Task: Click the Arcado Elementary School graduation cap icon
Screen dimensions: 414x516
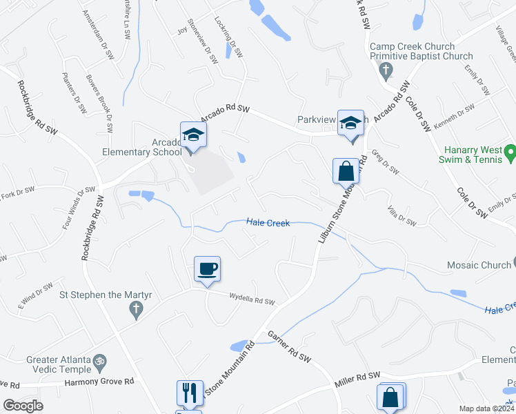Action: click(193, 135)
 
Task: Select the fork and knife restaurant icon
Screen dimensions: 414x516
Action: click(188, 393)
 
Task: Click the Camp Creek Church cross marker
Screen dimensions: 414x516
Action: click(386, 70)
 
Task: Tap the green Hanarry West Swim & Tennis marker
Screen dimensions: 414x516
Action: click(510, 150)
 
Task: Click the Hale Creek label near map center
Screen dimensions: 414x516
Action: click(268, 223)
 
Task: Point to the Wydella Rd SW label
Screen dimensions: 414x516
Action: click(252, 299)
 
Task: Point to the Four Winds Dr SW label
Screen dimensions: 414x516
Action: click(77, 208)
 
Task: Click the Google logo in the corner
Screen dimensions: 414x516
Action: click(23, 406)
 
